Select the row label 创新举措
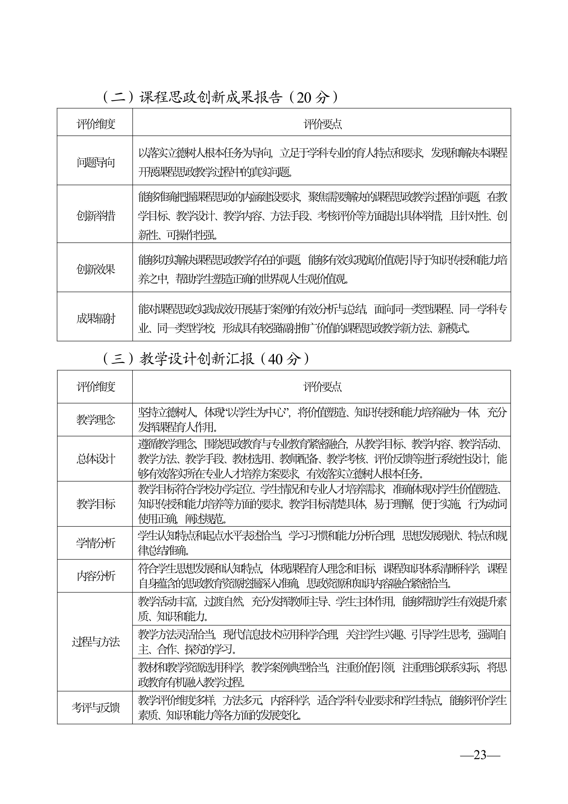click(x=96, y=216)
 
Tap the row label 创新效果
click(x=96, y=269)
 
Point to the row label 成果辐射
click(x=96, y=319)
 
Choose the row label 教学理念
click(x=96, y=420)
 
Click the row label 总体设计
click(x=96, y=459)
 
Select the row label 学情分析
click(x=96, y=543)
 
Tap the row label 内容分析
click(x=96, y=576)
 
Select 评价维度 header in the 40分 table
click(x=96, y=387)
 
